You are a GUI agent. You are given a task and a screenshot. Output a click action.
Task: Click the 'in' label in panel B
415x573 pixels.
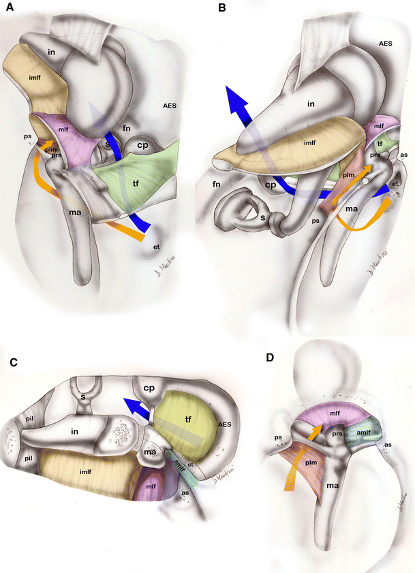tap(311, 104)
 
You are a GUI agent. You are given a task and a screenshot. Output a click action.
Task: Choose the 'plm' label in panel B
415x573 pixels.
tap(349, 175)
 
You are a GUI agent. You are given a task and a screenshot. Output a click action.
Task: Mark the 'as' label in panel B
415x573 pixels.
tap(404, 155)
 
